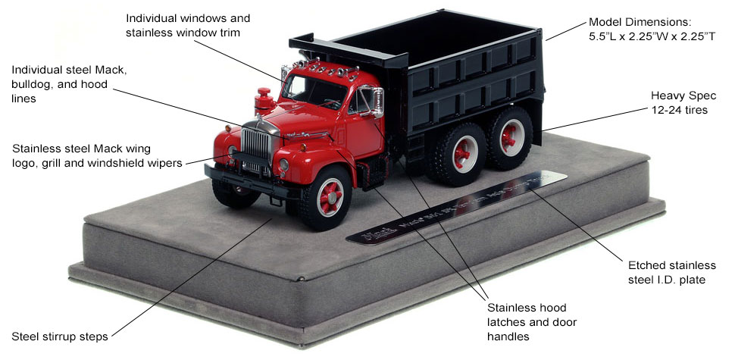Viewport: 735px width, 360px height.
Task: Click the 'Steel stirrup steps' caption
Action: point(60,336)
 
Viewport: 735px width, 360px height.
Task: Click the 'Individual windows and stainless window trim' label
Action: point(187,23)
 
